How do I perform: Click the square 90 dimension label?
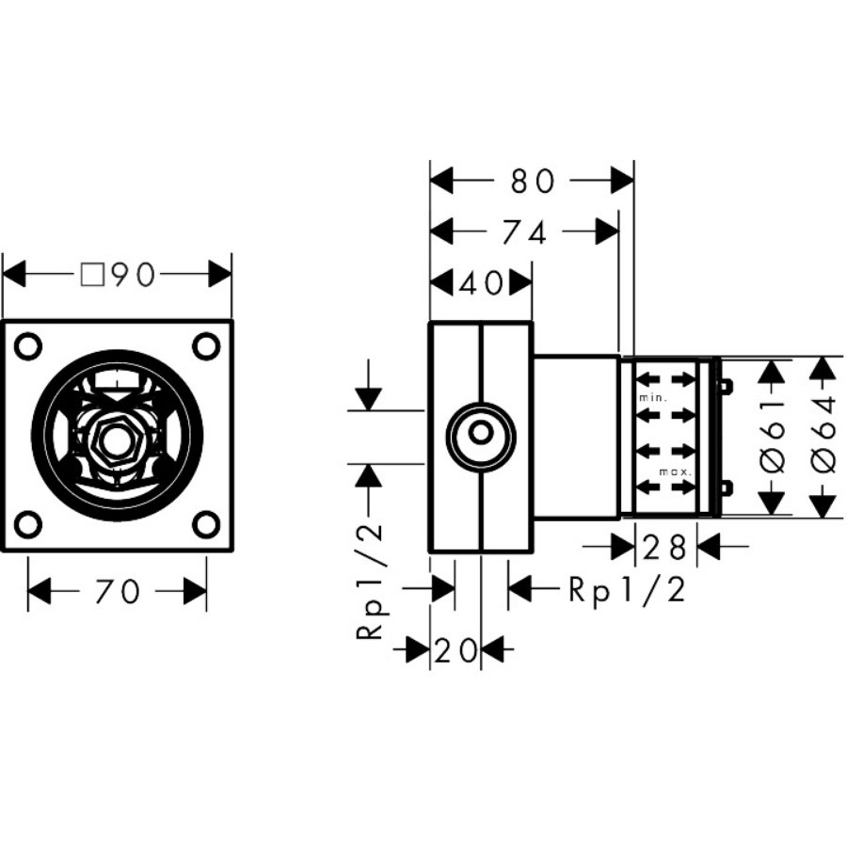[118, 275]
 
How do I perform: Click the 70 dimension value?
[118, 592]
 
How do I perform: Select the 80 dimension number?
[533, 181]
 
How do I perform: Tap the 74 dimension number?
[524, 232]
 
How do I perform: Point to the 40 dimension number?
[482, 282]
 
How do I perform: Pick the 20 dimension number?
[456, 648]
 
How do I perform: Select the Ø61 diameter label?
[773, 437]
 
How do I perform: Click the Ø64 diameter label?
[823, 437]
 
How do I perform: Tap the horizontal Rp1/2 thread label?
[627, 590]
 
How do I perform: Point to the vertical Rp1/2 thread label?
[372, 581]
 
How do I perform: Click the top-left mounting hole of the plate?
[29, 346]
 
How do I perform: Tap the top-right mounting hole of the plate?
[206, 346]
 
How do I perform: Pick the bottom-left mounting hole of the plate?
[29, 524]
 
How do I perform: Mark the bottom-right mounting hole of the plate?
[206, 524]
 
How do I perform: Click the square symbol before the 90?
[91, 275]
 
